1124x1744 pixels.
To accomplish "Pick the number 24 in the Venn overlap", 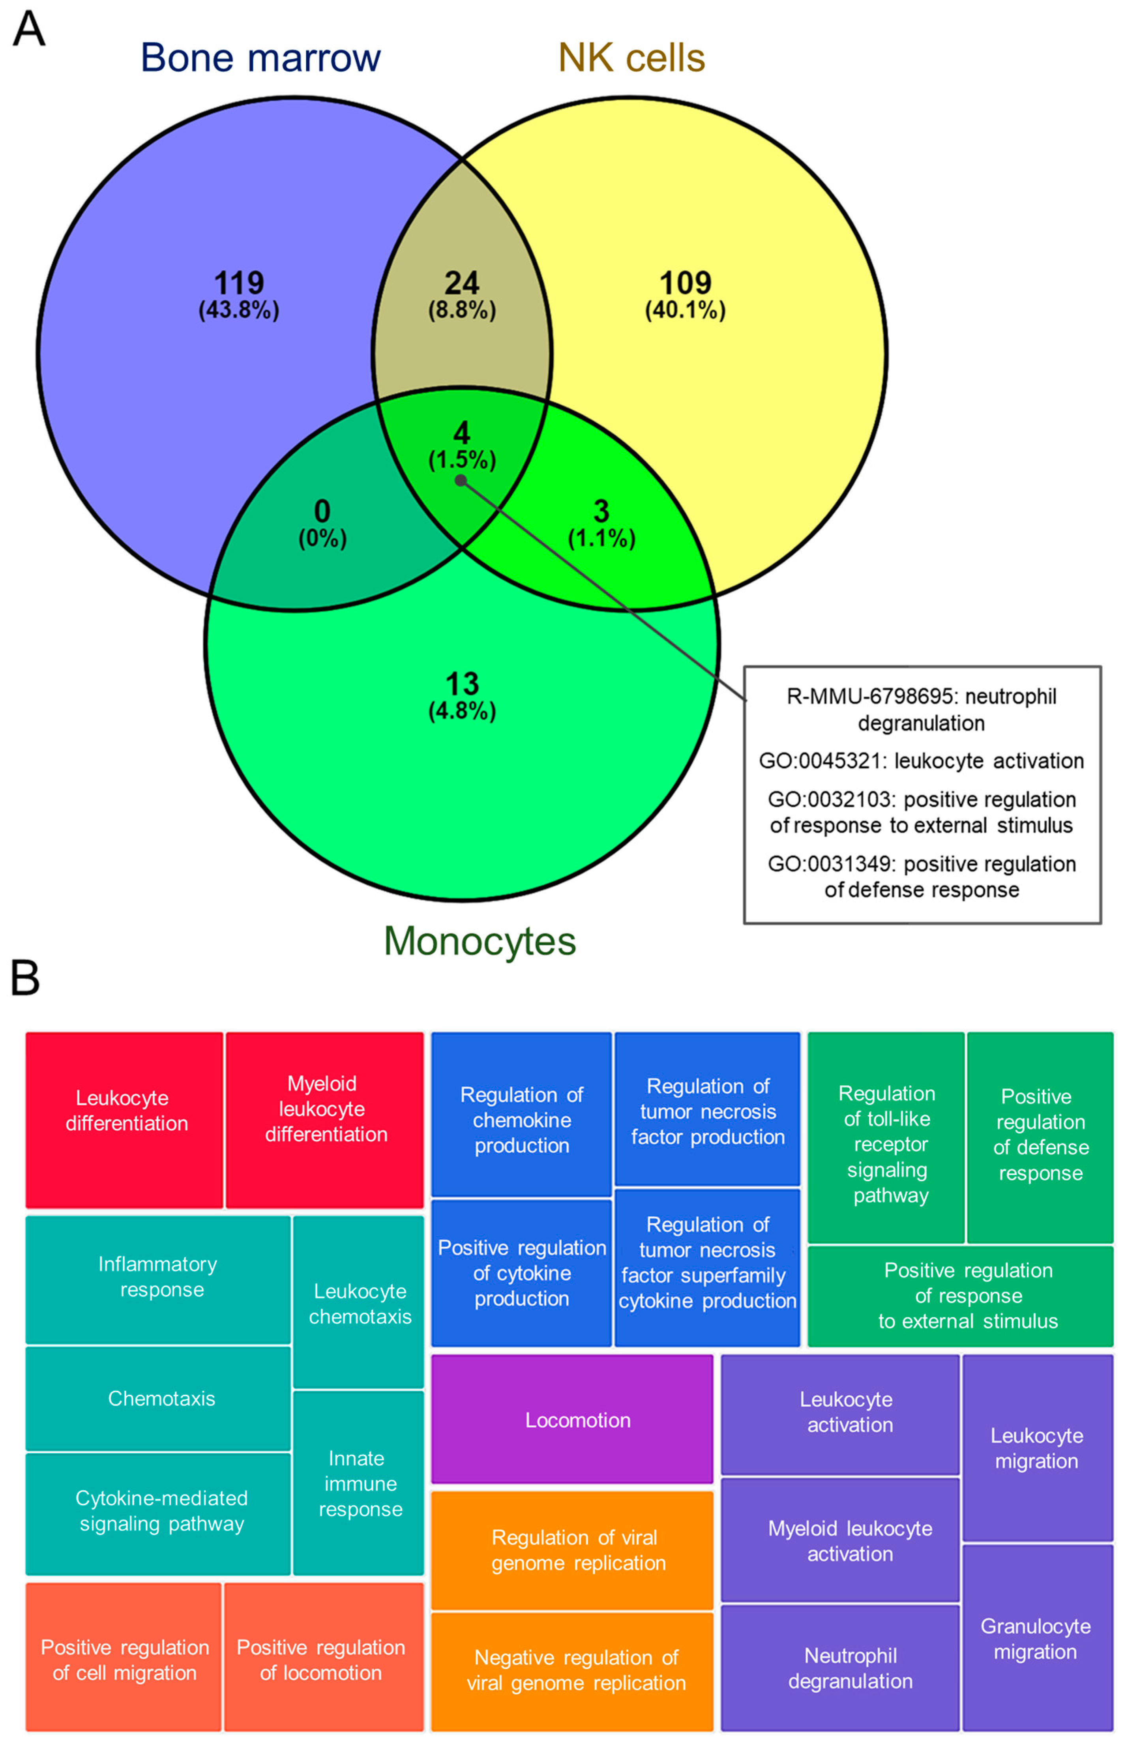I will (x=462, y=283).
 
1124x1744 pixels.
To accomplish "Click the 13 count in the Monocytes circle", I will (x=462, y=684).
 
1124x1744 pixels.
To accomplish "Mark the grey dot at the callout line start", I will (x=461, y=480).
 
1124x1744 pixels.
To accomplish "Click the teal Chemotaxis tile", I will (x=158, y=1398).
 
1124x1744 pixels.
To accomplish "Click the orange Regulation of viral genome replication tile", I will (x=572, y=1550).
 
